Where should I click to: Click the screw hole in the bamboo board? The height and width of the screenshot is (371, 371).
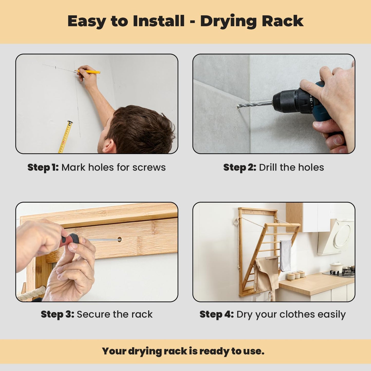point(119,240)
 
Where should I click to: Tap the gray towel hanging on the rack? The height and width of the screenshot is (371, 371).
point(286,255)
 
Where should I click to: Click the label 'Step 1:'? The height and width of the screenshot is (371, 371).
point(43,167)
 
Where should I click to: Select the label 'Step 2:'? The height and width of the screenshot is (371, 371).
point(240,167)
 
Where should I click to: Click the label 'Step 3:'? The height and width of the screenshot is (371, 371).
point(57,315)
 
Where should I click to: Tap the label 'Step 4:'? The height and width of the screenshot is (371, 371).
point(217,315)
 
